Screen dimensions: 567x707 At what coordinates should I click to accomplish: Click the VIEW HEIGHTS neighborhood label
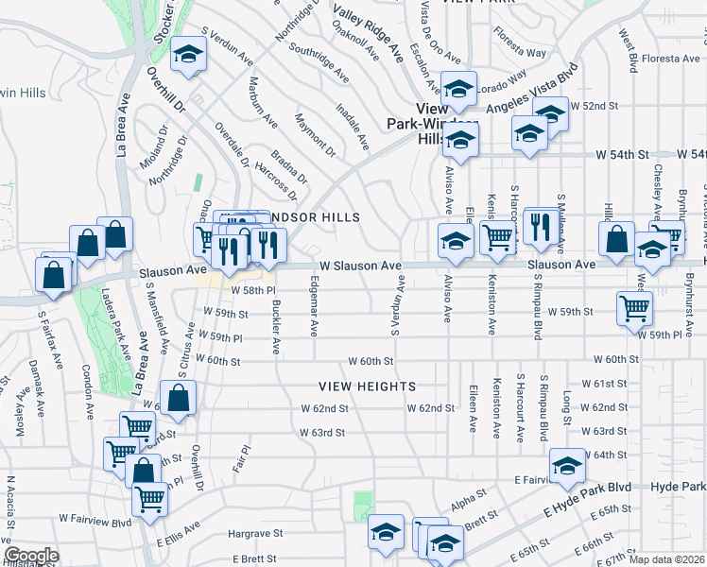tap(367, 387)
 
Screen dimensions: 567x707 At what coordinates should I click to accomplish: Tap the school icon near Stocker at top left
tap(188, 56)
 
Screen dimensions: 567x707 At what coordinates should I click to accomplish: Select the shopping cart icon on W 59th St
tap(633, 307)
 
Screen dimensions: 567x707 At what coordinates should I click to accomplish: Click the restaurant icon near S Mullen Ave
tap(541, 227)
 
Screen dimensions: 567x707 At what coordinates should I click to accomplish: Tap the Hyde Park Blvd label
tap(678, 486)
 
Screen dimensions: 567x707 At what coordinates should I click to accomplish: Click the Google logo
tap(31, 556)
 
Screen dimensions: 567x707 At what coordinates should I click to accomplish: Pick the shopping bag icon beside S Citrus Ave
tap(179, 401)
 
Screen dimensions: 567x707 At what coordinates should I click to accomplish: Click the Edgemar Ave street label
tap(314, 313)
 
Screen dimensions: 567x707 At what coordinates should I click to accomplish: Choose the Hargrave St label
tap(256, 534)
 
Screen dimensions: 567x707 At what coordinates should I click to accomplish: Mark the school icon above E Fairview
tap(567, 466)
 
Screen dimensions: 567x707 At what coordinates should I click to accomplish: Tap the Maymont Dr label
tap(315, 134)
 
